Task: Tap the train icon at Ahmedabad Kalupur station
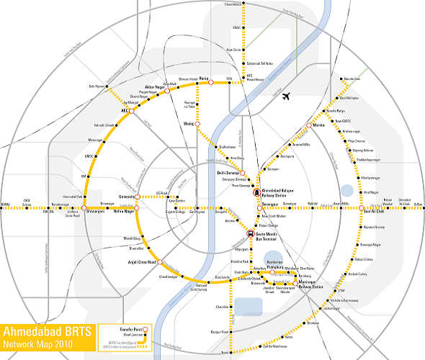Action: [x=256, y=192]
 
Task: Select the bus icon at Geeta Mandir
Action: [x=250, y=233]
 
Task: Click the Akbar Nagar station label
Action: [x=156, y=87]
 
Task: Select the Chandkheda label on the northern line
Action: [x=232, y=5]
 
